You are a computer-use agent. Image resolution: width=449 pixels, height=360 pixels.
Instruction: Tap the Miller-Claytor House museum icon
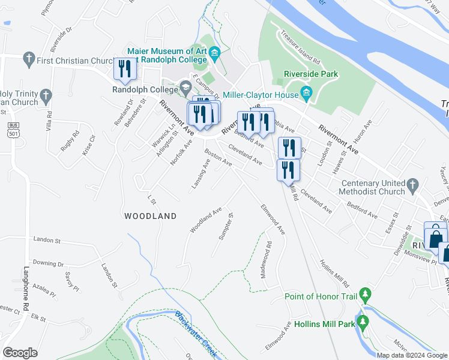click(306, 94)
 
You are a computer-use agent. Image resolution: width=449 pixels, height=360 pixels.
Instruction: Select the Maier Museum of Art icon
click(215, 52)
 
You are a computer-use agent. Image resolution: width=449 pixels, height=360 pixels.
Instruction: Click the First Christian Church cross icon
click(28, 59)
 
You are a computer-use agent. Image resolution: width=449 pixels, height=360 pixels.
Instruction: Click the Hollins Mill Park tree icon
click(363, 323)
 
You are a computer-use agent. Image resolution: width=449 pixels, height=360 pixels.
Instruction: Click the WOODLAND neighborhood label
click(151, 216)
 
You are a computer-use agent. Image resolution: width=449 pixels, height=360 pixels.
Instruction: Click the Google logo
click(20, 352)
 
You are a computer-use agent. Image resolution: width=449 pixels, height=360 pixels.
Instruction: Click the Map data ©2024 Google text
click(412, 355)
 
